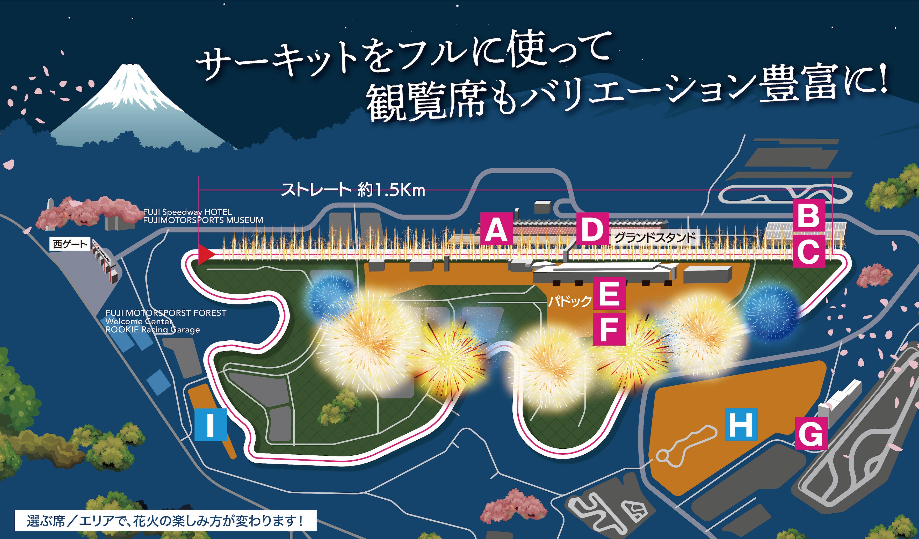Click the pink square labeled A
pos(496,229)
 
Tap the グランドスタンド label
pos(655,238)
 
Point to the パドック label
pos(570,301)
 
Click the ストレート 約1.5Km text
pos(353,190)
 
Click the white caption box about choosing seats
pos(165,520)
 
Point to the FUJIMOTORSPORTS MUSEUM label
pos(203,220)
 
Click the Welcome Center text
pos(139,321)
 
